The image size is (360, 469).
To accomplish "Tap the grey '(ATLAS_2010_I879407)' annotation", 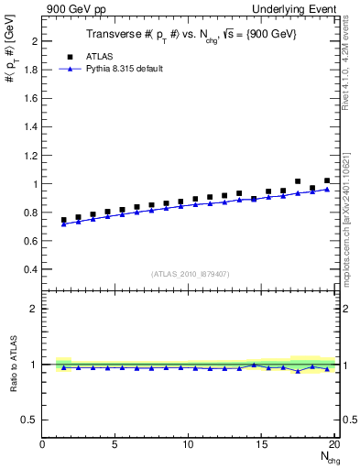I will (x=190, y=272).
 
